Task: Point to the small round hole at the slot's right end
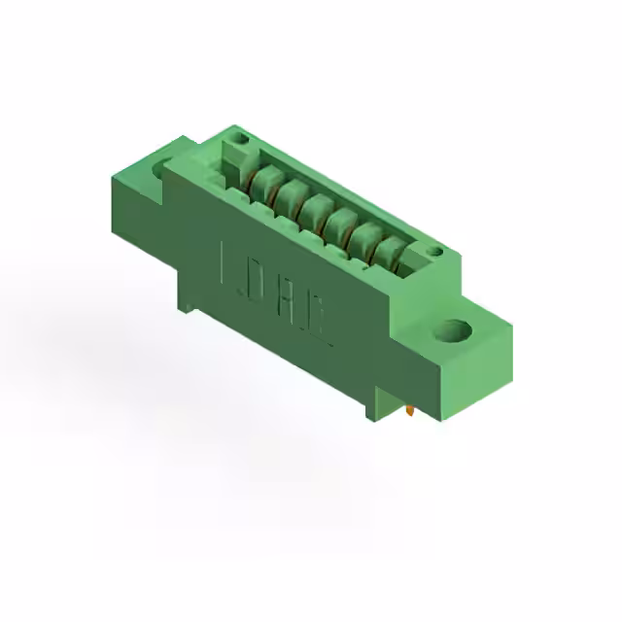tap(434, 253)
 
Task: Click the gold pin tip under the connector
tap(412, 412)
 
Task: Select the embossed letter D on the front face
tap(257, 280)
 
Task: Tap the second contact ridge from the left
tap(286, 192)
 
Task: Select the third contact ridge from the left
tap(313, 208)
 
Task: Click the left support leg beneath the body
tap(185, 297)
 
